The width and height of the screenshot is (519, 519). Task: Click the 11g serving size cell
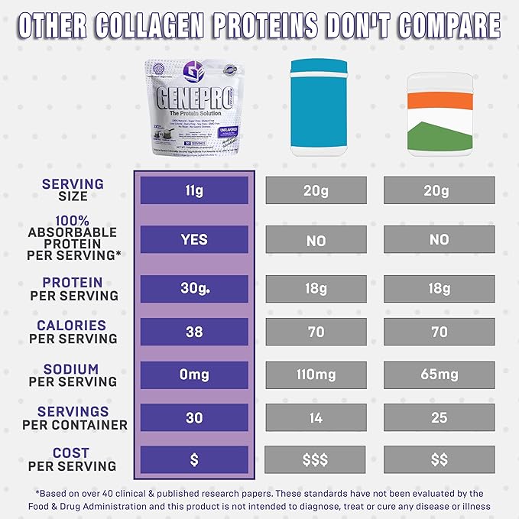click(194, 190)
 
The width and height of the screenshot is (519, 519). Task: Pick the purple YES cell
click(194, 239)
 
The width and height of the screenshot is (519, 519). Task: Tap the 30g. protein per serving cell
click(194, 289)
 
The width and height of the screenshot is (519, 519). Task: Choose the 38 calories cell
click(194, 332)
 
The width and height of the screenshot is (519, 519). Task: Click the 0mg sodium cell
click(194, 375)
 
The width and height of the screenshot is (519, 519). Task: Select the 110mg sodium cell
click(316, 375)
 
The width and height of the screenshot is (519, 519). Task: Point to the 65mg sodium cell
click(438, 375)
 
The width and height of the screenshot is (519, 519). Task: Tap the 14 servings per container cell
click(316, 417)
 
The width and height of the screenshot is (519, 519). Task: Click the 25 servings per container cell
click(438, 417)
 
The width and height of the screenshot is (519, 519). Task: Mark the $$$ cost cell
click(316, 460)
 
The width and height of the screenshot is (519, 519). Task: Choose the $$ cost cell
click(438, 460)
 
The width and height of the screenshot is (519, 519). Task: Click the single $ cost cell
click(194, 460)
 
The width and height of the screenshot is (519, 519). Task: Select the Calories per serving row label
click(73, 332)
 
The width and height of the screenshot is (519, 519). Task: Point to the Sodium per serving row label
click(73, 375)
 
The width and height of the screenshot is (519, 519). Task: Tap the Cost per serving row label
click(72, 459)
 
